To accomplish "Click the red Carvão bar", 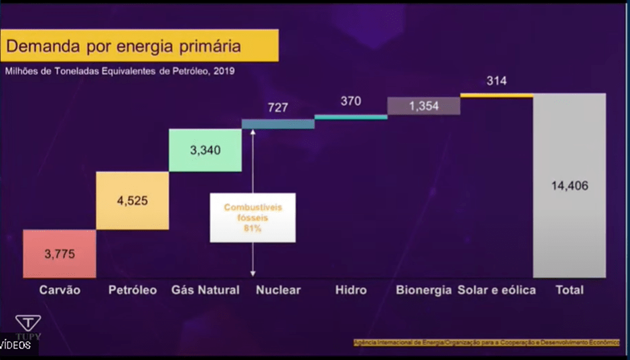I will (60, 254).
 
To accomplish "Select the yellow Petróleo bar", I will (133, 201).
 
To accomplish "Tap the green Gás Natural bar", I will (205, 151).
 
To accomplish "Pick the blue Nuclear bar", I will (278, 124).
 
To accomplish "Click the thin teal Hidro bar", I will (351, 117).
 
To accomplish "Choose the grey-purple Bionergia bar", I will (424, 106).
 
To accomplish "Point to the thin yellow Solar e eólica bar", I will (497, 96).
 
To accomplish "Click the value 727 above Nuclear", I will (278, 107).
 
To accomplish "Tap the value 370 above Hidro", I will (351, 101).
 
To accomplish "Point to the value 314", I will (497, 81).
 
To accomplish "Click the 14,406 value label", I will (570, 186).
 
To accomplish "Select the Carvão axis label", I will (60, 290).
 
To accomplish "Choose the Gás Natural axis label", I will (205, 290).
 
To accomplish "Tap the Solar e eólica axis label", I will (497, 290).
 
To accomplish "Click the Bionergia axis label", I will (424, 290).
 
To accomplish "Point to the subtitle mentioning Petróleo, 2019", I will (120, 70).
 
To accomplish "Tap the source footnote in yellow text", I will (487, 343).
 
